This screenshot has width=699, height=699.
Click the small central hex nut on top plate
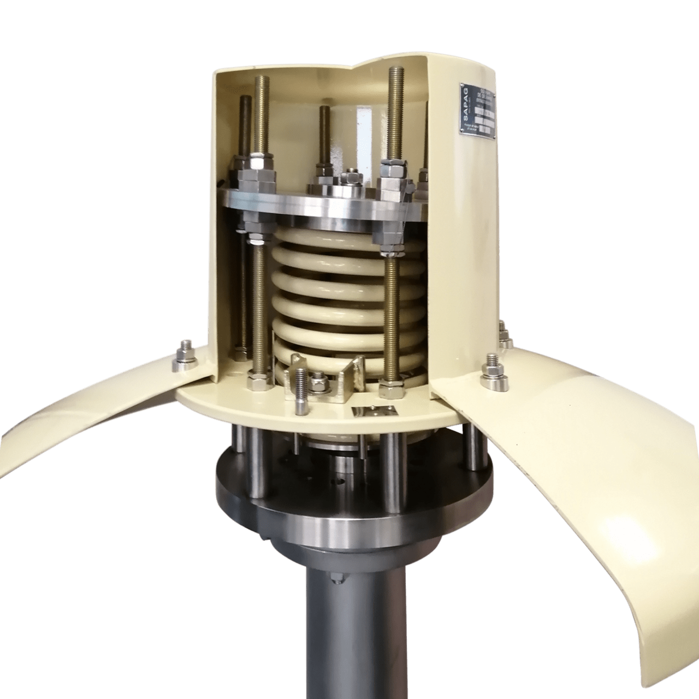coord(349,178)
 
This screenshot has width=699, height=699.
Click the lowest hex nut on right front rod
coord(391,389)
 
